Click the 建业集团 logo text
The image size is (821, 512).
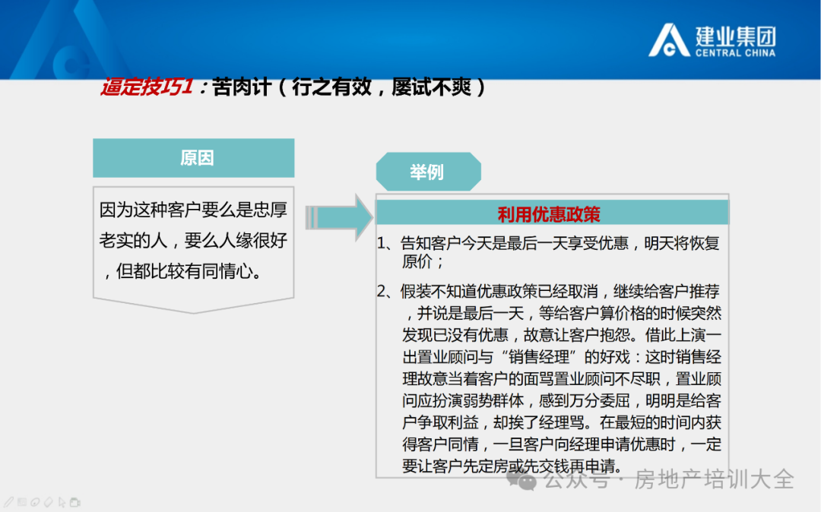click(736, 36)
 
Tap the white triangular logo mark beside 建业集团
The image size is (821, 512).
click(669, 40)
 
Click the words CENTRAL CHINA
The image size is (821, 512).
click(736, 53)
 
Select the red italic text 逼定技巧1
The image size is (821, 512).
click(147, 87)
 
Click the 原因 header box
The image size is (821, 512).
click(194, 158)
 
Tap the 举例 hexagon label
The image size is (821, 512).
click(428, 172)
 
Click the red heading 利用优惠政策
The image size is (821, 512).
click(549, 214)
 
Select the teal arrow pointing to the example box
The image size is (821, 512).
click(339, 217)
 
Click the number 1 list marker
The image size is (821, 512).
click(382, 243)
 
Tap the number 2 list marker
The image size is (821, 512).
click(382, 291)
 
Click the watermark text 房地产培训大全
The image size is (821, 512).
click(714, 479)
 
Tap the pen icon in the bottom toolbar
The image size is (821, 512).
click(9, 503)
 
